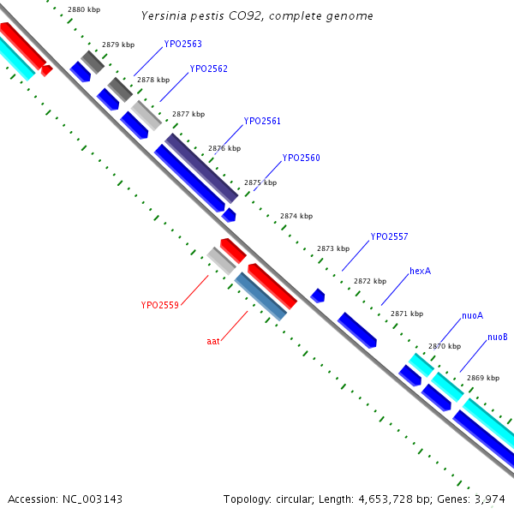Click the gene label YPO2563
[x=183, y=44]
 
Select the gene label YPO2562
[x=209, y=69]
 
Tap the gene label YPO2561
[x=262, y=122]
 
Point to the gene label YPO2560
[x=301, y=158]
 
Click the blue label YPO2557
[x=389, y=237]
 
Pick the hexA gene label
[x=420, y=271]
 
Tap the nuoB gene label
[x=498, y=338]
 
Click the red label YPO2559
[x=159, y=305]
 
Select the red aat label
[x=213, y=341]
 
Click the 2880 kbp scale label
[x=84, y=9]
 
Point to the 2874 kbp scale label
[x=296, y=216]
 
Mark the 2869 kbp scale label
[x=483, y=378]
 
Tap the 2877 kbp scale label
[x=188, y=114]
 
